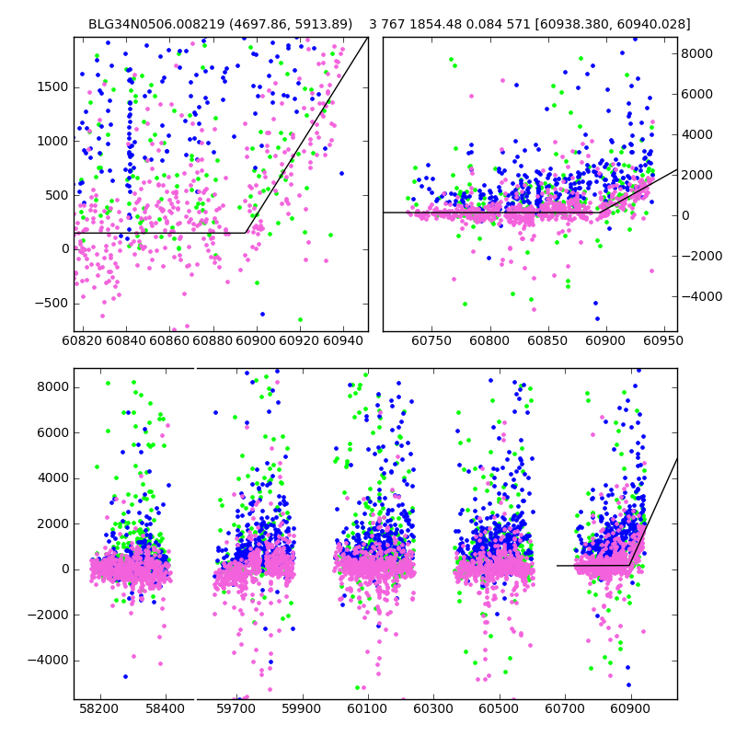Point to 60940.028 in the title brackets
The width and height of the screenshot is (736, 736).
pyautogui.click(x=654, y=24)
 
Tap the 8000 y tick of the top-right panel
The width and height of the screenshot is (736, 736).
pyautogui.click(x=697, y=53)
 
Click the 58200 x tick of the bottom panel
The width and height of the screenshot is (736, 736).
pyautogui.click(x=99, y=710)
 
